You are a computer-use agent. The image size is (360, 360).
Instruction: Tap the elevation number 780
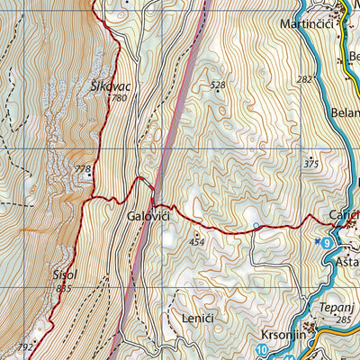click(120, 97)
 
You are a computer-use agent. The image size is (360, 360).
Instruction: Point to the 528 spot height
click(217, 85)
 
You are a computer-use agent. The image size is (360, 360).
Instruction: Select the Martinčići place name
click(309, 23)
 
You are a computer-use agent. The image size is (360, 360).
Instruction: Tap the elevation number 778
click(83, 168)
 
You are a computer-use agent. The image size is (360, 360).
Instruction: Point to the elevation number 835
click(63, 289)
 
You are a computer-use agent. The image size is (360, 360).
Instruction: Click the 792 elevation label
click(25, 346)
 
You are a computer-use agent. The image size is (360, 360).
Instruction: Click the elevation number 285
click(342, 319)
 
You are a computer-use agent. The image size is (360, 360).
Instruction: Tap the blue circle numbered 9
click(326, 243)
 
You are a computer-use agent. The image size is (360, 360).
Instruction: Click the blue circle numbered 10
click(262, 349)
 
